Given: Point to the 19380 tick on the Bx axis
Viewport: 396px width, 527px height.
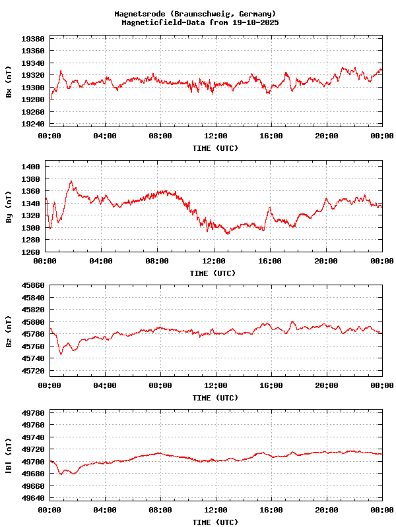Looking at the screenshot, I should click(x=32, y=39).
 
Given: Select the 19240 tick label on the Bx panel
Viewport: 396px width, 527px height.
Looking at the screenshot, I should click(x=32, y=124).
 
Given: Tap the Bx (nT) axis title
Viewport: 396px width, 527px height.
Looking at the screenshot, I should click(x=9, y=82).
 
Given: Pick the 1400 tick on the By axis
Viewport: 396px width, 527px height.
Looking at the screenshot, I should click(x=30, y=167).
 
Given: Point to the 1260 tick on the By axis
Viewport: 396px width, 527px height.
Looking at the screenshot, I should click(x=30, y=252).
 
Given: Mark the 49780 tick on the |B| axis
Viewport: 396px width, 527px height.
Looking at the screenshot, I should click(x=32, y=413).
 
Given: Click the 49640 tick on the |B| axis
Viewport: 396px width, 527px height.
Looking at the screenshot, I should click(x=32, y=498).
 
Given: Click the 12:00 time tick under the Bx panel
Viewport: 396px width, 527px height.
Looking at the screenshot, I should click(x=216, y=136).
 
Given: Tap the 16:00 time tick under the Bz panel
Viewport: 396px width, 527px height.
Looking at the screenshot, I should click(x=271, y=385).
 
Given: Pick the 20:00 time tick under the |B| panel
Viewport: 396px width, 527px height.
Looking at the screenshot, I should click(x=327, y=510).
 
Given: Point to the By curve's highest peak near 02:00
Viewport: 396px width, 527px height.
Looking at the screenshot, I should click(x=71, y=181).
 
